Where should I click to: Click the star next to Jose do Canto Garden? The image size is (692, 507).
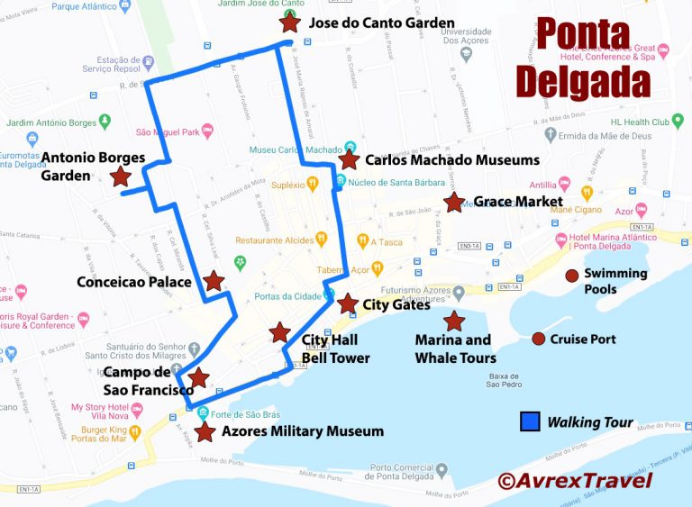coord(289,23)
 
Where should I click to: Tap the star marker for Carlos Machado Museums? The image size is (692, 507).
coord(348,160)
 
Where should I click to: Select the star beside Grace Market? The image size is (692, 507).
coord(454,203)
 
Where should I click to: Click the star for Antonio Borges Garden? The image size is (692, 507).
coord(121,177)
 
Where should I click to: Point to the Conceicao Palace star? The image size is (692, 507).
coord(214,282)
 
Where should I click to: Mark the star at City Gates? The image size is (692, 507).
coord(347,303)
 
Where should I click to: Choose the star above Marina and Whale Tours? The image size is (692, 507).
coord(453,321)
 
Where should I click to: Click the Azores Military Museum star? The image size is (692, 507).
coord(205,432)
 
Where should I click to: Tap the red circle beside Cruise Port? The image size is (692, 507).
coord(538,339)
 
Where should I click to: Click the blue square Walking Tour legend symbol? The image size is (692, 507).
coord(530,421)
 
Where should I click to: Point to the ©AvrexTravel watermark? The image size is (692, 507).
coord(574,480)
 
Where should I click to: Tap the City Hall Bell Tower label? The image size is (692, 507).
coord(335,349)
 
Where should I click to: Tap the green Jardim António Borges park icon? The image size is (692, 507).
coord(105,121)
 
